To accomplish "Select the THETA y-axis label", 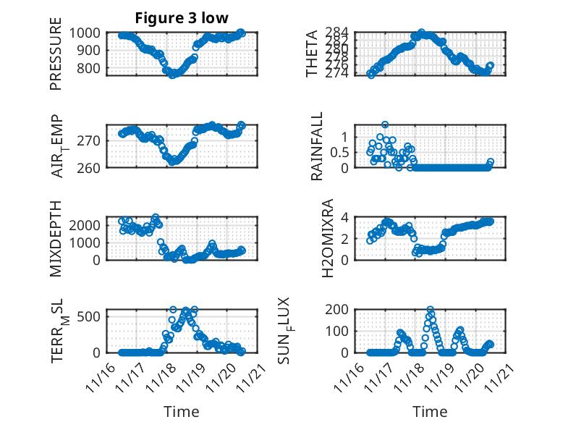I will tap(312, 54).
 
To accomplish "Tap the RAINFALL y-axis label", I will tap(316, 146).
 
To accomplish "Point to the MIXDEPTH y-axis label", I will tap(56, 238).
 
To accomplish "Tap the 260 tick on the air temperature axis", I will tap(93, 167).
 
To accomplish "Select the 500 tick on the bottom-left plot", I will tap(93, 316).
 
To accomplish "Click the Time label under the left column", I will tap(182, 411).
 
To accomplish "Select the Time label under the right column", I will tap(431, 411).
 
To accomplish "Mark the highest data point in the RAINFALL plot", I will tap(385, 125).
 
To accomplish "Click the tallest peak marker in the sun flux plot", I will tap(430, 310).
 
